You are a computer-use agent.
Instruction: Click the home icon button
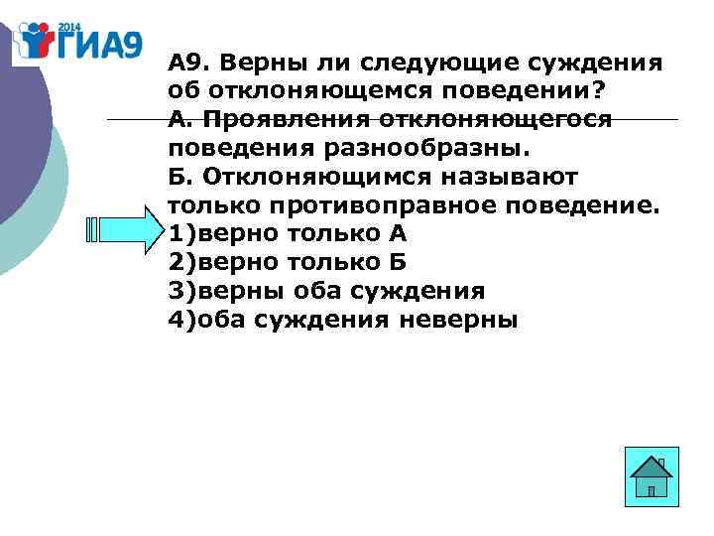click(653, 477)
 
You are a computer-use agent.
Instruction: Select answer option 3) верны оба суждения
click(326, 292)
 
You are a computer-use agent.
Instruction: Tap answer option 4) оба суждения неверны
click(342, 321)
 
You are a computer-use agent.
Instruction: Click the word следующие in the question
click(426, 64)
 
